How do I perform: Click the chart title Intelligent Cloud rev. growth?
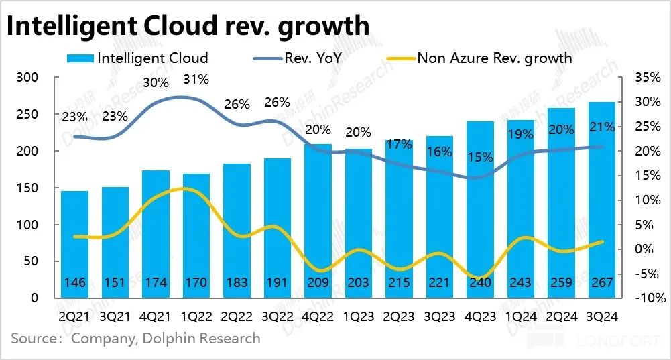(x=188, y=25)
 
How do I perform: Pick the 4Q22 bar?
(x=318, y=221)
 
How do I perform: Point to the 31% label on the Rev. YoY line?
(x=196, y=80)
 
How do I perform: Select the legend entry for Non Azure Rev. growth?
(x=494, y=58)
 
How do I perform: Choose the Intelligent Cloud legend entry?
(x=152, y=58)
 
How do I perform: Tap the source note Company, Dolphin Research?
(x=166, y=338)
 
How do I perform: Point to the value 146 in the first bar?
(x=74, y=283)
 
